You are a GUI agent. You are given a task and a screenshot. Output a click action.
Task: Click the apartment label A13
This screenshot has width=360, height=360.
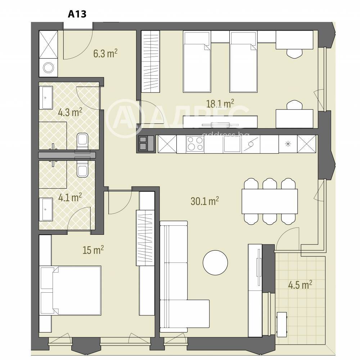pyautogui.click(x=77, y=14)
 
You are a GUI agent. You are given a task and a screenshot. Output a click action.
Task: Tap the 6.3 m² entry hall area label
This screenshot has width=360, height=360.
pyautogui.click(x=105, y=53)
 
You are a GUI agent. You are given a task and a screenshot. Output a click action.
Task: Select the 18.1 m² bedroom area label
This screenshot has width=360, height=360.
pyautogui.click(x=220, y=104)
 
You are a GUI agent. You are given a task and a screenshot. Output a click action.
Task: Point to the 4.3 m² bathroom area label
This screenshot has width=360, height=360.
pyautogui.click(x=70, y=112)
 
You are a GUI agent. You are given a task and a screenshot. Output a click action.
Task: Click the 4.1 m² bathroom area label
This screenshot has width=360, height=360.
pyautogui.click(x=70, y=197)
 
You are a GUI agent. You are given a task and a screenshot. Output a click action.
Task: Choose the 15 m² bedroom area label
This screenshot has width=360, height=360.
pyautogui.click(x=93, y=250)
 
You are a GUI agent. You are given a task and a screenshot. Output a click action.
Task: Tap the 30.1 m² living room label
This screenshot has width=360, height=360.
pyautogui.click(x=204, y=201)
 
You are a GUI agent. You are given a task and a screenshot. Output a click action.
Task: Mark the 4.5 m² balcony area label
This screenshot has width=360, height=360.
pyautogui.click(x=300, y=285)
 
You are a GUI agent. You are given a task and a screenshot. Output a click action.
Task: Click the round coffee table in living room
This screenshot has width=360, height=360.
pyautogui.click(x=215, y=262)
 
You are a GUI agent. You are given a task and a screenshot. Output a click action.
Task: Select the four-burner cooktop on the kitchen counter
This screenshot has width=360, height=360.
pyautogui.click(x=195, y=144)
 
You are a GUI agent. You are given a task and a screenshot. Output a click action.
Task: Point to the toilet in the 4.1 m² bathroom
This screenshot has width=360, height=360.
pyautogui.click(x=82, y=169)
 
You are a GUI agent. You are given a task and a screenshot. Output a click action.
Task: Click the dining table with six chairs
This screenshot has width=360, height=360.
pyautogui.click(x=270, y=201)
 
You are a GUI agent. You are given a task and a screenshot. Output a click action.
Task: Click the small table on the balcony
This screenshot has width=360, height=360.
pyautogui.click(x=282, y=324)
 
